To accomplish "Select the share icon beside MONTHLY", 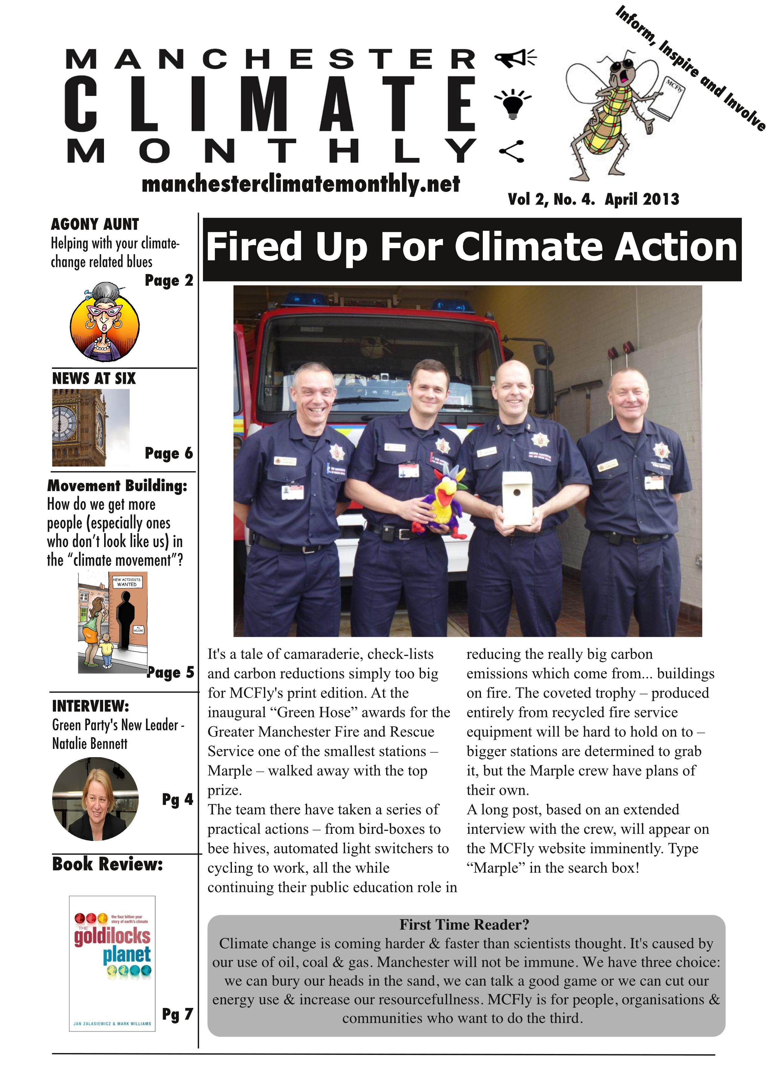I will pos(512,151).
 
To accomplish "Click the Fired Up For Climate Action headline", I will pos(471,248).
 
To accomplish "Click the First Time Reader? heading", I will pos(464,924).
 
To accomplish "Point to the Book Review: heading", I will pos(107,863).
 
